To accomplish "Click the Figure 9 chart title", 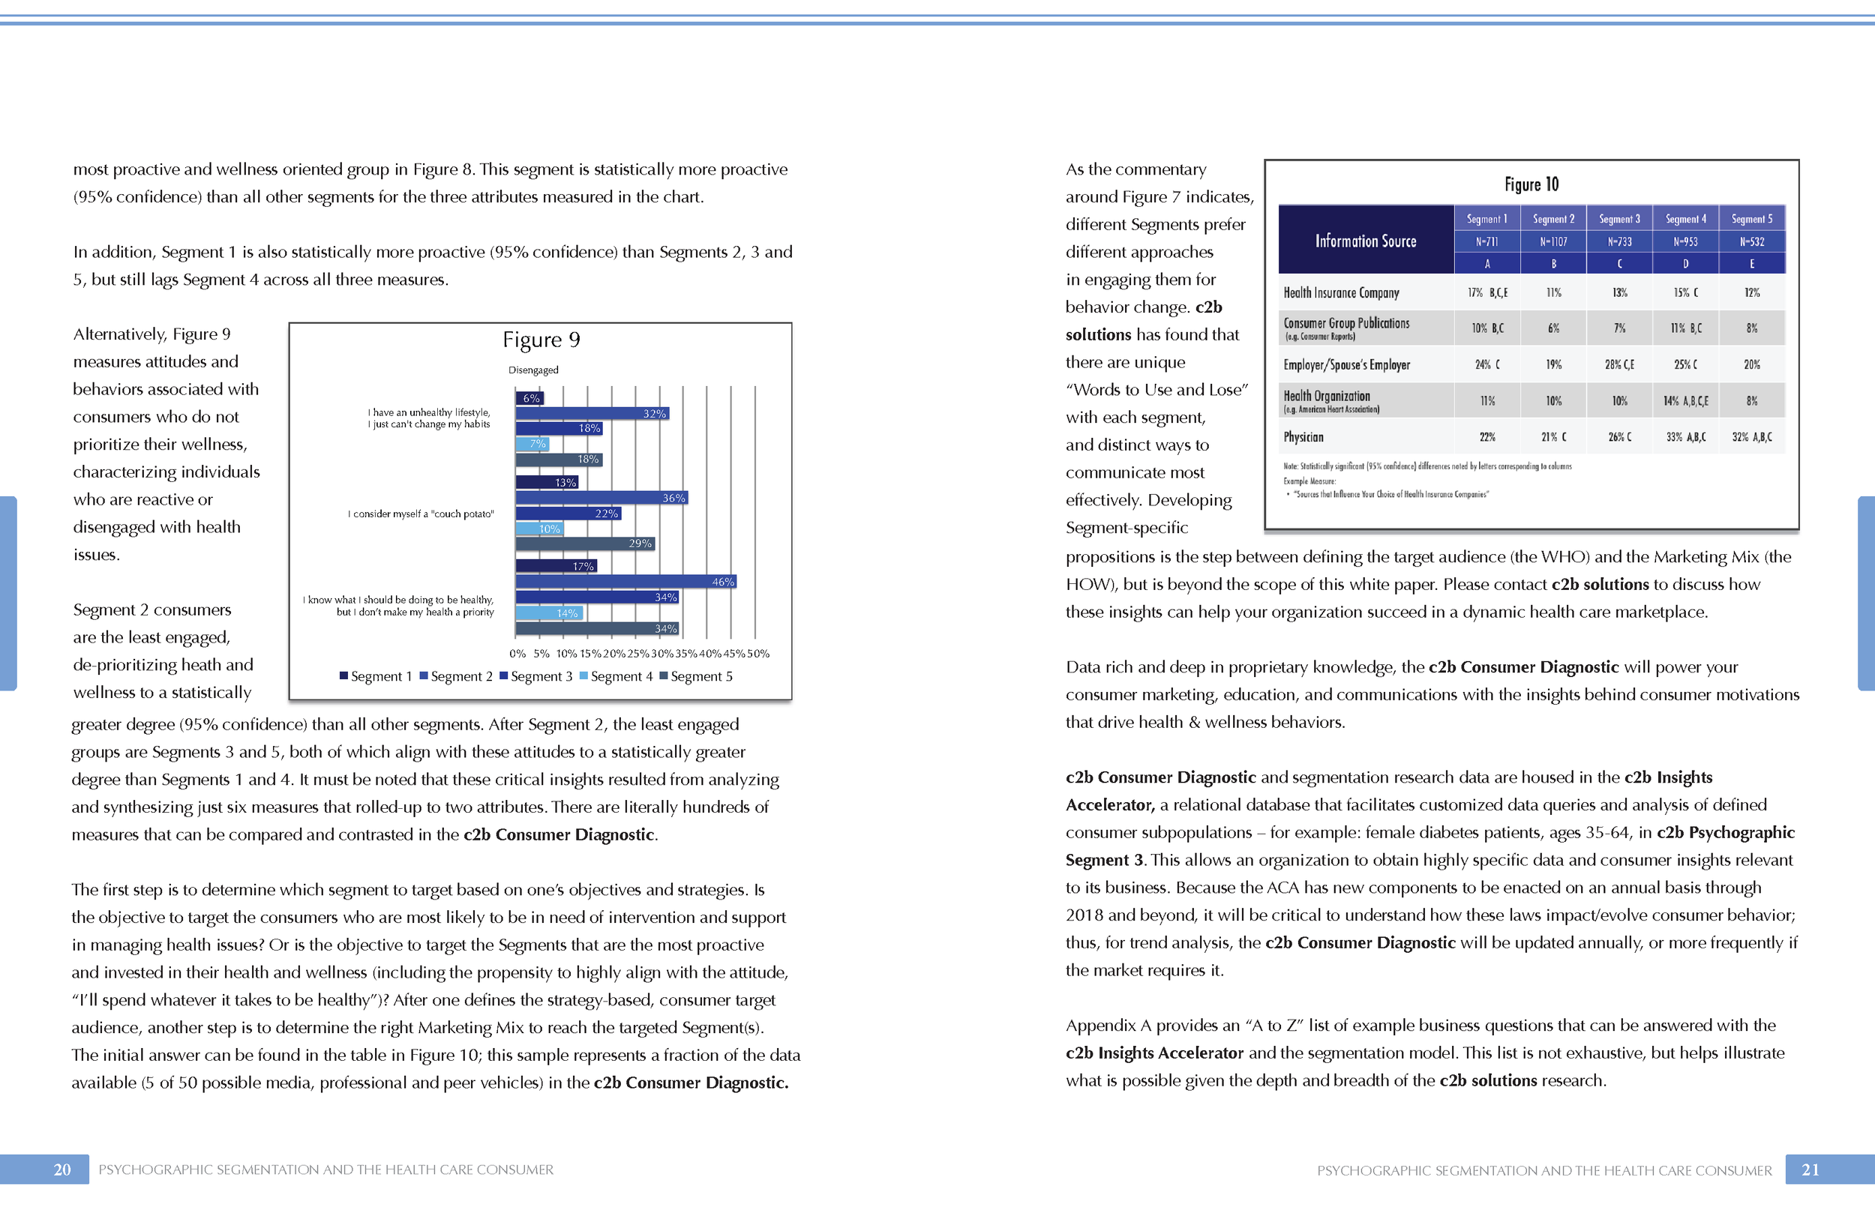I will [x=541, y=340].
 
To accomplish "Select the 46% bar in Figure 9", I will [x=625, y=581].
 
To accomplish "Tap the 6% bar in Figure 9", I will [x=529, y=398].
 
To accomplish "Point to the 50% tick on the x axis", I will [x=758, y=653].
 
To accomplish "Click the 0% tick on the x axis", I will [x=517, y=653].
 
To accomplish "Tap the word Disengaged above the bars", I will [x=533, y=370].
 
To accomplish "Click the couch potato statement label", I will [x=421, y=514].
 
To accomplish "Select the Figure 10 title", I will [x=1531, y=184].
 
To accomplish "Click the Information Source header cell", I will [x=1365, y=241].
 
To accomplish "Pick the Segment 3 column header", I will [x=1619, y=219].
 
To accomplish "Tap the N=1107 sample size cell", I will [x=1553, y=242].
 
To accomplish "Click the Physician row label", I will [x=1303, y=437].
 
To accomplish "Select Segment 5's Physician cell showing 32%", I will [x=1751, y=437].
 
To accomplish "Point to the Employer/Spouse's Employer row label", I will [x=1346, y=364].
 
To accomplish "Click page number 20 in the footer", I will [x=62, y=1170].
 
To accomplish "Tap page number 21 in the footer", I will [x=1810, y=1170].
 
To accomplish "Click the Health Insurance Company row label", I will [x=1341, y=293].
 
